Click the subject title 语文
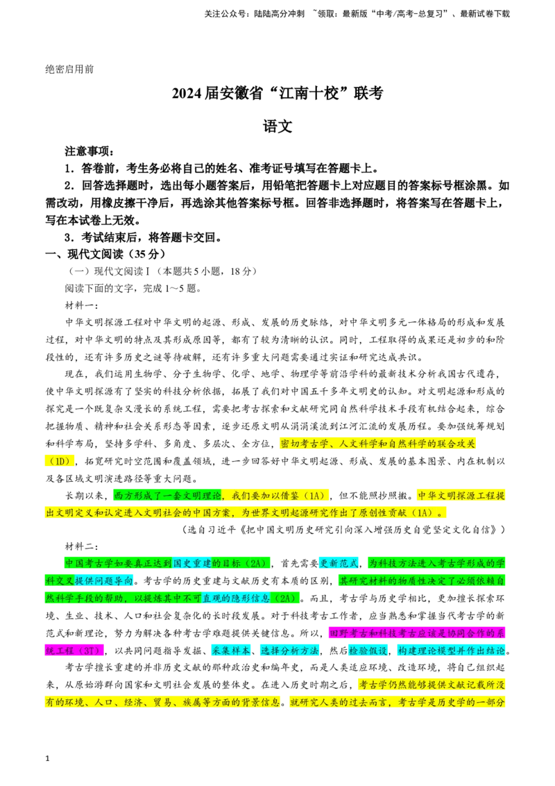coord(277,126)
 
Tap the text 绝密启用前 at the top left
coord(69,69)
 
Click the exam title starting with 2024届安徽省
coord(277,93)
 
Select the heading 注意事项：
coord(89,151)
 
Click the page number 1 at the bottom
coord(48,758)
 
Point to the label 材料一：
coord(82,306)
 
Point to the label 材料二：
coord(82,546)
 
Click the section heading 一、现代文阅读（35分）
coord(105,253)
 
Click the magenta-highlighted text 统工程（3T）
coord(74,651)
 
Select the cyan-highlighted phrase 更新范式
coord(339,563)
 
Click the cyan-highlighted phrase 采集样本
coord(230,651)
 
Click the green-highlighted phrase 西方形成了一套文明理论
coord(168,496)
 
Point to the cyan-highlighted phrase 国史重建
coord(192,563)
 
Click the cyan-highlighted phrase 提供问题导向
coord(103,581)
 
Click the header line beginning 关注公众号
coord(357,14)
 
